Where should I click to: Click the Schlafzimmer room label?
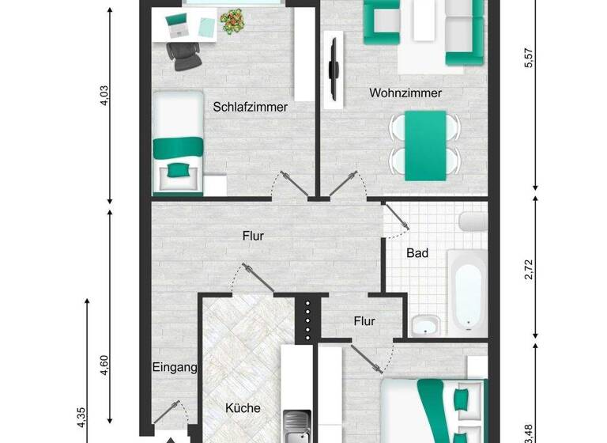251,107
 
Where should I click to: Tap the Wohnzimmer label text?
405,93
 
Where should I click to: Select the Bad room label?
417,254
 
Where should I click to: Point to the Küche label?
243,408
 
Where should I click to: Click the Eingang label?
174,367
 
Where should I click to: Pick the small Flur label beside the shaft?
364,321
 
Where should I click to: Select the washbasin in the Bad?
427,324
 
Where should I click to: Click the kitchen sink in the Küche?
299,425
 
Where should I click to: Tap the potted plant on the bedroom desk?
232,21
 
